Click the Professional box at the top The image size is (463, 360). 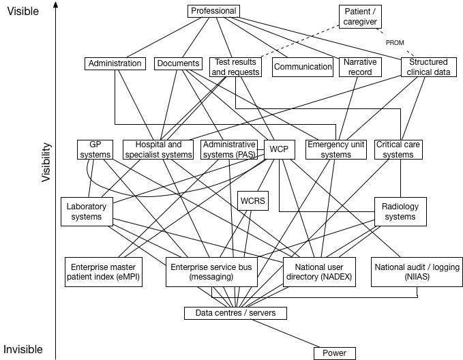click(213, 11)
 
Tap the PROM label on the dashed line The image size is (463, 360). click(394, 43)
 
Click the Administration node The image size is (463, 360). click(115, 63)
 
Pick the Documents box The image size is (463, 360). click(177, 63)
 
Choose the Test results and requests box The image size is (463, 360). click(235, 67)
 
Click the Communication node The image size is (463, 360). click(303, 67)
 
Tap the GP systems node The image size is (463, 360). click(94, 149)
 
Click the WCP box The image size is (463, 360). click(279, 149)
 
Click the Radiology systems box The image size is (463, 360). click(400, 211)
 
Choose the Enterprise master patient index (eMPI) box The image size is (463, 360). click(103, 272)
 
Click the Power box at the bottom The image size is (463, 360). click(334, 353)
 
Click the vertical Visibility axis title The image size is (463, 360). click(46, 162)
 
